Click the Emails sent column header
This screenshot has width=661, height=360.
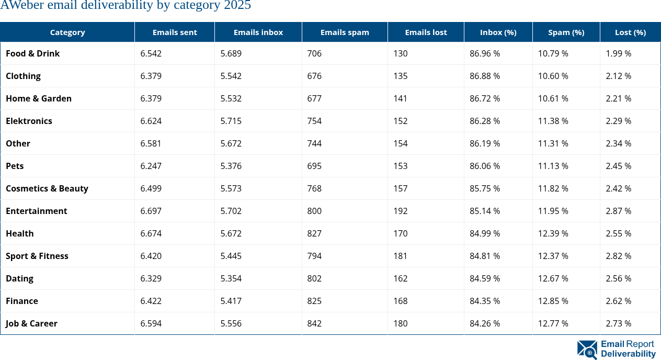point(175,32)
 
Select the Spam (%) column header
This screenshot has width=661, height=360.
point(566,32)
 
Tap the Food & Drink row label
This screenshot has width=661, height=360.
point(32,53)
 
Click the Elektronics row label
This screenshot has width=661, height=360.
point(29,121)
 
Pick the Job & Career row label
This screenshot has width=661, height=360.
point(31,323)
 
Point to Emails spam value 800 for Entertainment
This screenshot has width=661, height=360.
point(314,211)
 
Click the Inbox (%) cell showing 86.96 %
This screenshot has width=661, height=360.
point(484,53)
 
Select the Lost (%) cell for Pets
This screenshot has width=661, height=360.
point(618,166)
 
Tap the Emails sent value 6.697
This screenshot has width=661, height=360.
point(151,211)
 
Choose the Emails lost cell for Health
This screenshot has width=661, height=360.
point(400,233)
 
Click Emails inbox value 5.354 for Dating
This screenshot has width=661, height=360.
point(231,278)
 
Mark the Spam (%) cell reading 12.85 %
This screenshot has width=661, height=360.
point(553,301)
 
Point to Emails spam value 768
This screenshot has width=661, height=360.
point(314,188)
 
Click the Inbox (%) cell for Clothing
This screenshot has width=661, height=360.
point(484,76)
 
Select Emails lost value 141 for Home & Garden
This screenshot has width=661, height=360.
point(400,98)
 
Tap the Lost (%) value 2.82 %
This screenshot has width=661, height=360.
point(618,256)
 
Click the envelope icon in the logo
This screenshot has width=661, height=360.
point(587,350)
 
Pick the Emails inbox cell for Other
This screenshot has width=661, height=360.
point(231,143)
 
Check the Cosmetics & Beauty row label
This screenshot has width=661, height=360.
point(47,188)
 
